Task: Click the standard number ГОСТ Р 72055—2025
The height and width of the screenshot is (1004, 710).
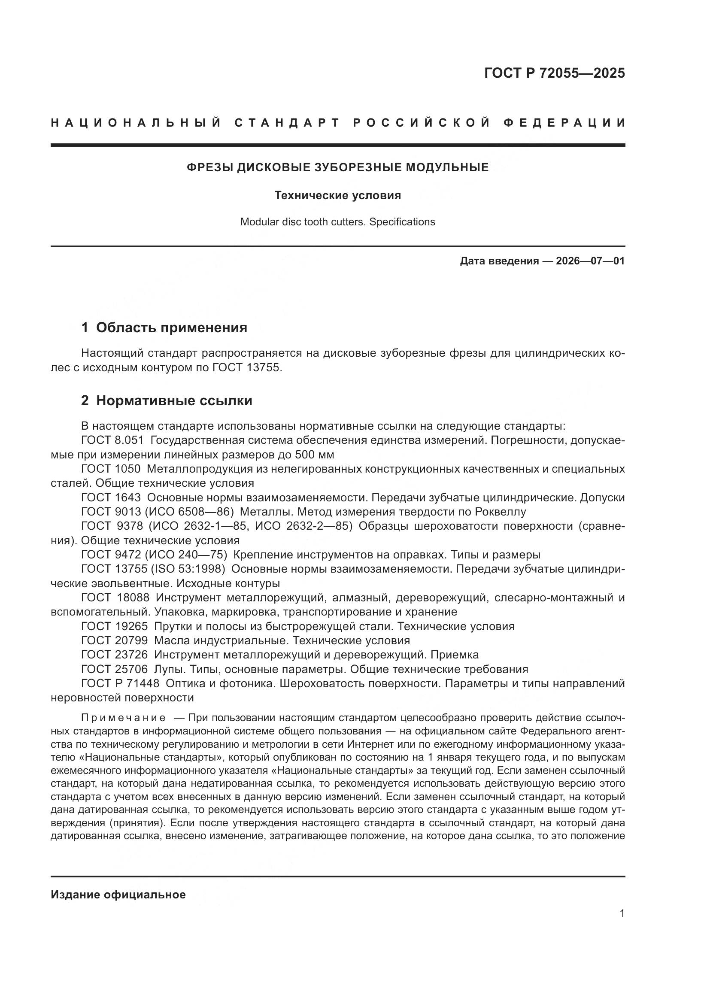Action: [554, 73]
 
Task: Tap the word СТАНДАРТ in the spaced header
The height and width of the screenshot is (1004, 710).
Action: [287, 123]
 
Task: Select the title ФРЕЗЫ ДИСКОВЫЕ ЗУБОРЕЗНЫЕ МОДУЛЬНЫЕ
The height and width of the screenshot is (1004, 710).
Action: [337, 167]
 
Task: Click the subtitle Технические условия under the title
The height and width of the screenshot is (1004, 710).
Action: [337, 195]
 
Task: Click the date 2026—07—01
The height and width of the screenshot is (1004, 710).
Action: [590, 261]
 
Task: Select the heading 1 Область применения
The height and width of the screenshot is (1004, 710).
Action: [164, 328]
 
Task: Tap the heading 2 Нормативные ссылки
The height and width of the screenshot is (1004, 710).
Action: [167, 400]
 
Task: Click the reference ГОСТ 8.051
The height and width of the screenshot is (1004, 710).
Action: [112, 440]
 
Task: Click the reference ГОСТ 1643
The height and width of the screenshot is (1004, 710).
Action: [111, 497]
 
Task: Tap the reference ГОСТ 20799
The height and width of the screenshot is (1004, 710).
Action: [115, 640]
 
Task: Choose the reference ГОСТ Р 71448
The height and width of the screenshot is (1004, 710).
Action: [120, 683]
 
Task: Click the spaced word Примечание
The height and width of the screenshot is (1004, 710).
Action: [123, 718]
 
